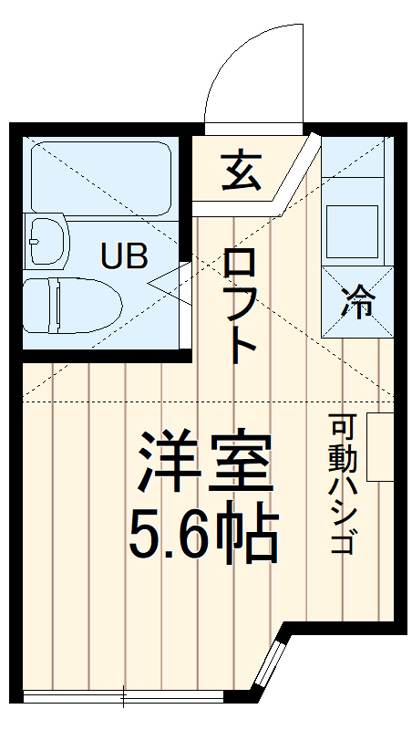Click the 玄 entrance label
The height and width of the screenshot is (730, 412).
[x=241, y=170]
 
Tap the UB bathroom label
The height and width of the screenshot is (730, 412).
[x=124, y=256]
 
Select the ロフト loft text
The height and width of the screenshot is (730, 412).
[x=241, y=307]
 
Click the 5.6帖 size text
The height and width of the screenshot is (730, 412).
[x=202, y=536]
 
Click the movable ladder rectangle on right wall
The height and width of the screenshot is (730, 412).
[x=378, y=446]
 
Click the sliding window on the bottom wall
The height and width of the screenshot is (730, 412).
[x=123, y=698]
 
